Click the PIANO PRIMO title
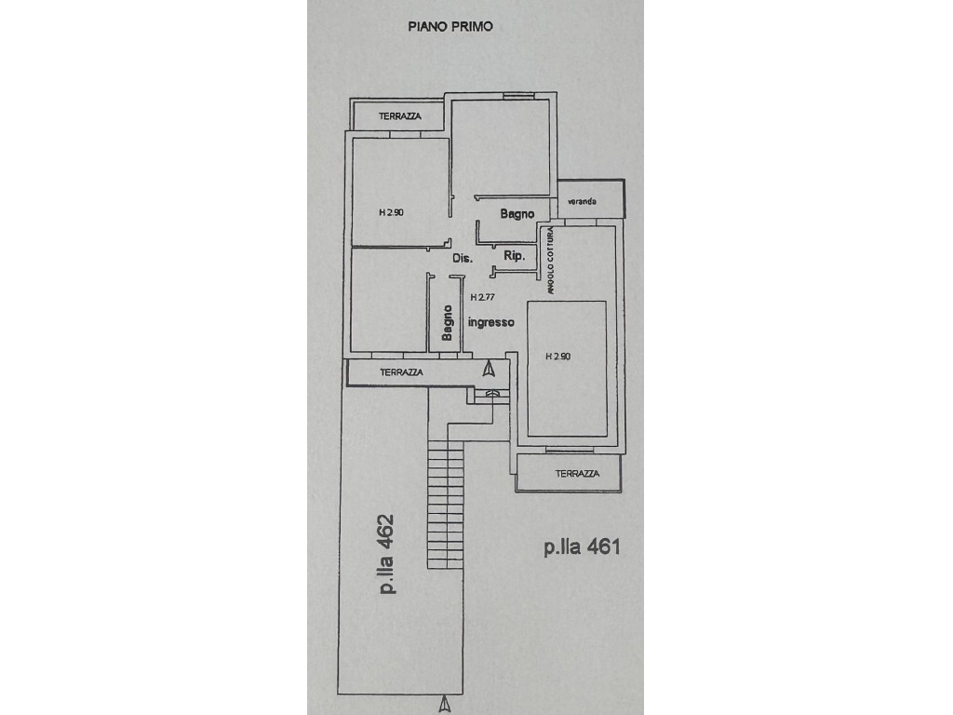450,26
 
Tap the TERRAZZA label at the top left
400,116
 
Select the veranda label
583,201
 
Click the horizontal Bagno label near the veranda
517,214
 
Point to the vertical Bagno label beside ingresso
448,323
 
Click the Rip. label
514,256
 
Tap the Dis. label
463,258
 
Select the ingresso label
491,323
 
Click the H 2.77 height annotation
483,297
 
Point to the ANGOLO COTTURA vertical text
550,261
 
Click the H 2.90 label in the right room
558,357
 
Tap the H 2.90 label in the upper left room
392,212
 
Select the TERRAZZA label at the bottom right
577,474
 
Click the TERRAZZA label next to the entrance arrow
401,372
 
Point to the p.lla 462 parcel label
386,554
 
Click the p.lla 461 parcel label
582,547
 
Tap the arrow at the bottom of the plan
445,703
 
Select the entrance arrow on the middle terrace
489,368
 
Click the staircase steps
446,505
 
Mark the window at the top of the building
518,96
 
